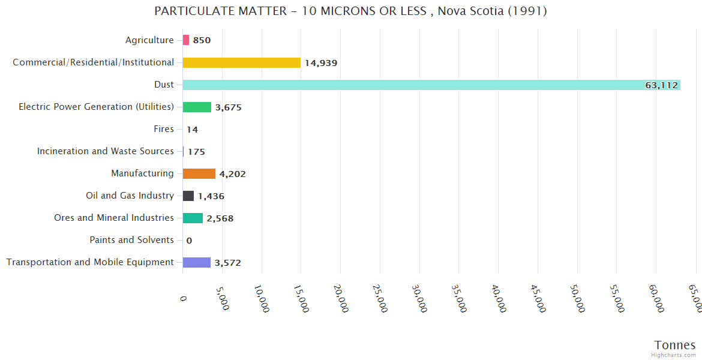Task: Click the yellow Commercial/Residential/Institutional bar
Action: [x=241, y=62]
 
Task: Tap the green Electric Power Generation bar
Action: [x=197, y=107]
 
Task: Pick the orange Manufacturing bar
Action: [x=199, y=173]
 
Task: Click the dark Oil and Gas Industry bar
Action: [x=188, y=196]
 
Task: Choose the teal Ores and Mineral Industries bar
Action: [x=193, y=218]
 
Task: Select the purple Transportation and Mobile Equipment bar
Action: [x=197, y=262]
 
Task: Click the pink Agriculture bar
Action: [x=186, y=40]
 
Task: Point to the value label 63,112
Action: [x=661, y=85]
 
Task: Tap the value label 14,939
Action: [x=321, y=63]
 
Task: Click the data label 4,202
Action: [x=232, y=174]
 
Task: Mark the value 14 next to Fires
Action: [x=192, y=130]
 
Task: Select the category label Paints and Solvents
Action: [x=131, y=240]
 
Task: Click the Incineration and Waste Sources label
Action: [x=105, y=151]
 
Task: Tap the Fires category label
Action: [x=164, y=129]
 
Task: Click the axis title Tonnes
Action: [x=674, y=345]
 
